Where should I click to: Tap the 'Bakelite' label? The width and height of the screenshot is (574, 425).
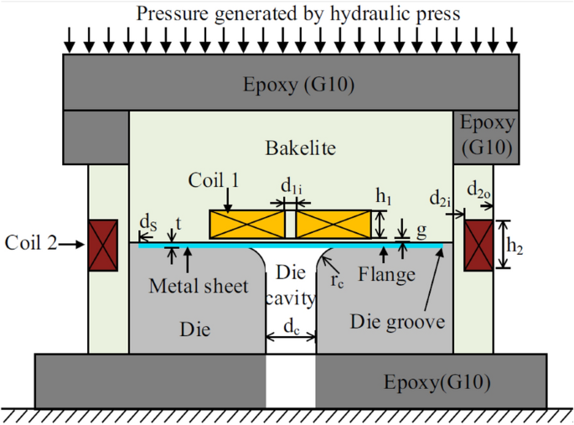(x=290, y=148)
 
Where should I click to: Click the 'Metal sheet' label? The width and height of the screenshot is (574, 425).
(x=199, y=287)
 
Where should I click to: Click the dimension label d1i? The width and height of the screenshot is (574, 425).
(x=290, y=186)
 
